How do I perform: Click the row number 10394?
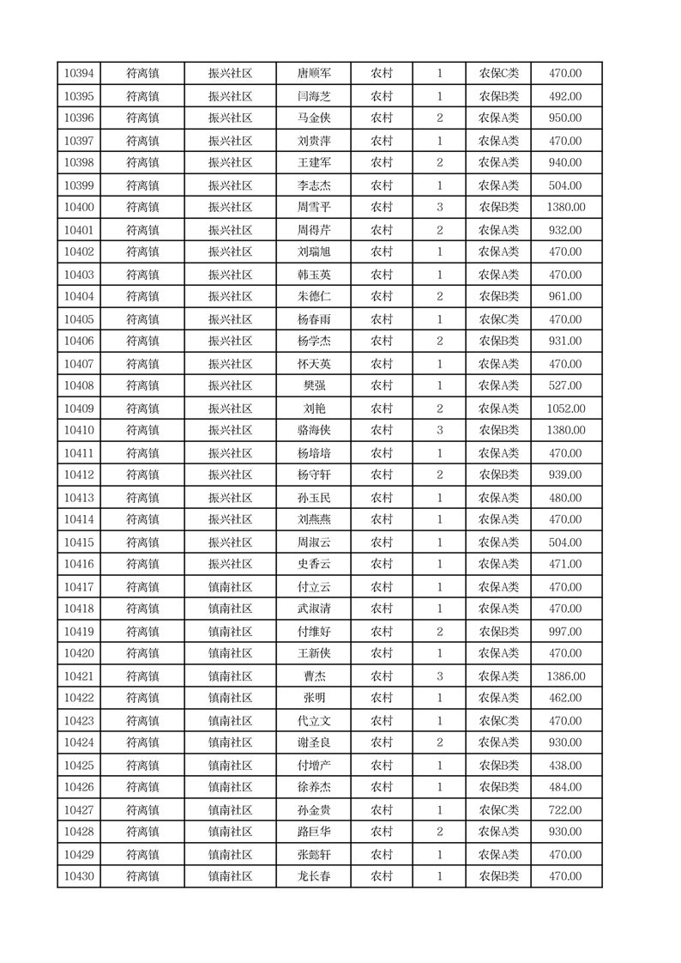79,74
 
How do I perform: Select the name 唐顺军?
314,74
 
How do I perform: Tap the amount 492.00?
565,96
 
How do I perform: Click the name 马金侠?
314,118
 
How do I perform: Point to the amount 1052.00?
565,409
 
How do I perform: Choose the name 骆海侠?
314,431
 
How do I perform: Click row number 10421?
79,676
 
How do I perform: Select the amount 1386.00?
565,676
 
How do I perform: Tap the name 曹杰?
314,676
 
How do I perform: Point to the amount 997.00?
565,632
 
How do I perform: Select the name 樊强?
314,386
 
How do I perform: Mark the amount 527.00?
565,386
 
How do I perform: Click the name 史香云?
314,565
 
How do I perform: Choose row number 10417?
79,587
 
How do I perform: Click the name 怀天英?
314,364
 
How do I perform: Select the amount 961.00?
565,297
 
